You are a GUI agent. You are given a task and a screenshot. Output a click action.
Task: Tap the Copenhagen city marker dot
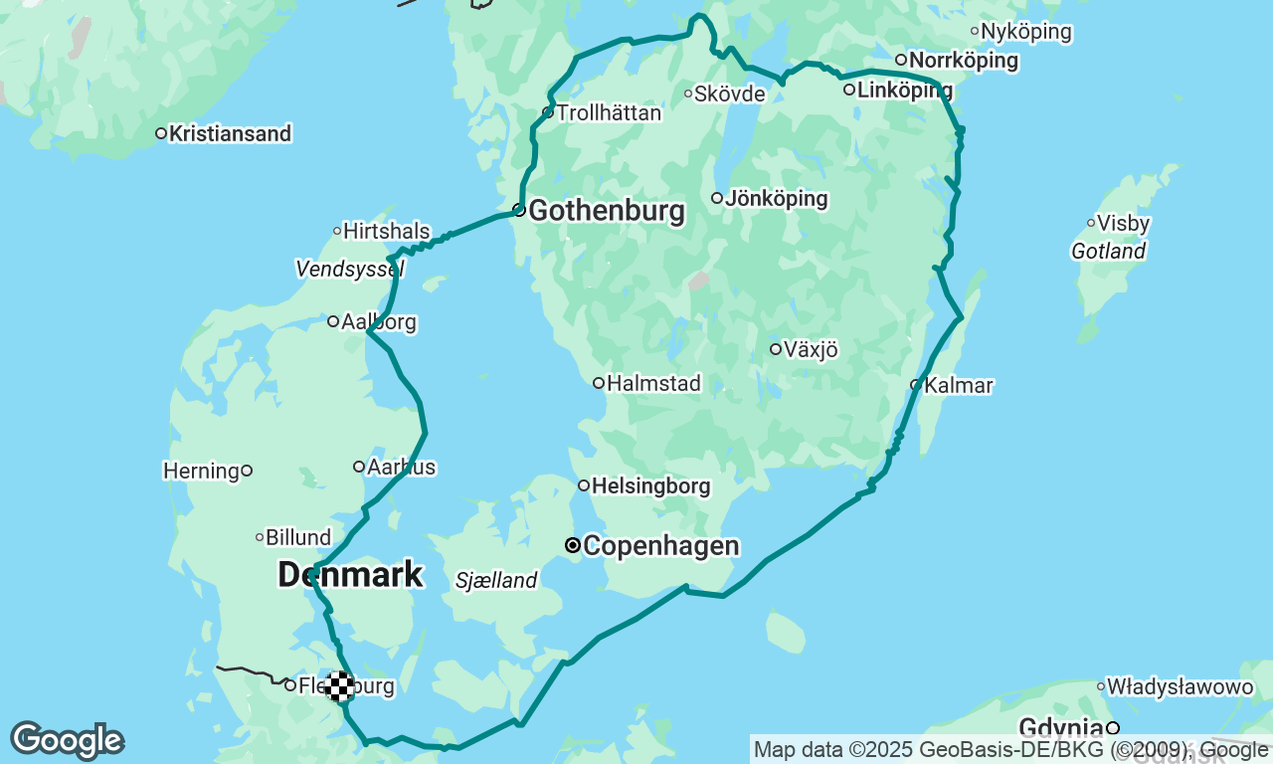(x=573, y=545)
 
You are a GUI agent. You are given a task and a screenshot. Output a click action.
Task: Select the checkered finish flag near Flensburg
(x=340, y=685)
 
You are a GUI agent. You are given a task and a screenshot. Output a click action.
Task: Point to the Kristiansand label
(x=230, y=133)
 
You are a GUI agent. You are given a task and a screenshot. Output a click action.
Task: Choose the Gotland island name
(x=1108, y=252)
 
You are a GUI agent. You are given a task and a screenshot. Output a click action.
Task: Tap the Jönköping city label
(x=776, y=199)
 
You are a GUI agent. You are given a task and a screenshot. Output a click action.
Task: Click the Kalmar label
(x=958, y=385)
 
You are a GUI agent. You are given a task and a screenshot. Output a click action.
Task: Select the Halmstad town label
(x=653, y=383)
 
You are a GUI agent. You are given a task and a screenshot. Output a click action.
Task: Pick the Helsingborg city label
(x=650, y=486)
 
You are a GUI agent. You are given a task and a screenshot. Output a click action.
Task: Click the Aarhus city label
(x=401, y=467)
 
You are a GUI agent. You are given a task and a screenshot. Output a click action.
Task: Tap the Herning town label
(x=201, y=471)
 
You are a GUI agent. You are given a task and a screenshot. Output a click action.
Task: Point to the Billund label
(x=298, y=537)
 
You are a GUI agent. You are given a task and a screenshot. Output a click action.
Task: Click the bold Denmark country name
(x=350, y=575)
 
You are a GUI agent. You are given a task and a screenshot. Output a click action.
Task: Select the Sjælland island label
(x=496, y=580)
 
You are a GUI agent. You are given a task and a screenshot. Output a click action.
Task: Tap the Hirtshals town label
(x=386, y=232)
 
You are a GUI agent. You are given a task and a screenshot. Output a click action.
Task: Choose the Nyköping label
(x=1025, y=32)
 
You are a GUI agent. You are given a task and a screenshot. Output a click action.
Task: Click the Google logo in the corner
(x=67, y=741)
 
